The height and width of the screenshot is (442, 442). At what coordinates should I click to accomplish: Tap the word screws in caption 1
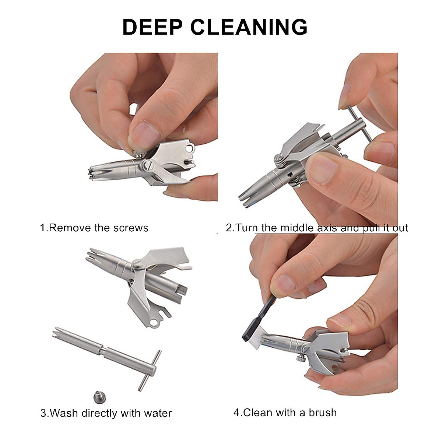[131, 228]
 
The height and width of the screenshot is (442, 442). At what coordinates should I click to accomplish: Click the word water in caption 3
[158, 413]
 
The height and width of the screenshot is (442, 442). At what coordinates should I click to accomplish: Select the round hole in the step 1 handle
[189, 148]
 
